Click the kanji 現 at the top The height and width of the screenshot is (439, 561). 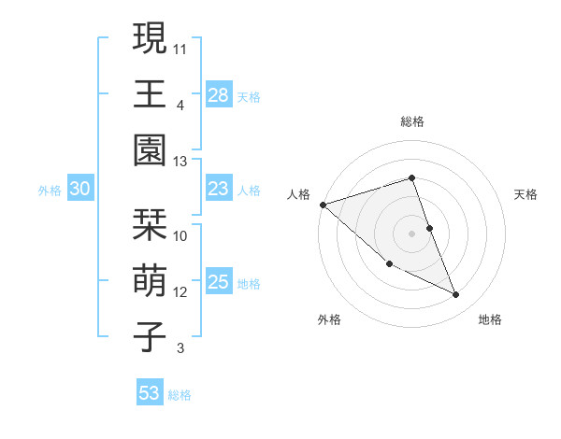click(x=150, y=40)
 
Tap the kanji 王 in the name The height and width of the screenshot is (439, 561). click(x=150, y=95)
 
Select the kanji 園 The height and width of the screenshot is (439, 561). click(x=150, y=152)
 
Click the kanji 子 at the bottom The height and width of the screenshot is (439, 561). click(x=150, y=337)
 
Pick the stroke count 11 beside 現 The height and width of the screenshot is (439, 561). click(x=180, y=49)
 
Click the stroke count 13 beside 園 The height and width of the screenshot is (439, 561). click(x=180, y=162)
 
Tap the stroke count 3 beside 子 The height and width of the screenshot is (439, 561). click(x=180, y=348)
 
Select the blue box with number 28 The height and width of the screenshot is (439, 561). click(x=218, y=95)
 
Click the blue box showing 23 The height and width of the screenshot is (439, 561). click(x=218, y=190)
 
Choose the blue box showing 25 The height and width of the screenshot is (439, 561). click(x=218, y=282)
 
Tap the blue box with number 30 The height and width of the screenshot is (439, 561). click(x=79, y=190)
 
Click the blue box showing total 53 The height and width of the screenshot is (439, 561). click(x=149, y=393)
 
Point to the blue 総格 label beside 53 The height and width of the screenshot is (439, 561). click(x=180, y=395)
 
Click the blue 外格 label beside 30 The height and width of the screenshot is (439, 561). click(x=50, y=191)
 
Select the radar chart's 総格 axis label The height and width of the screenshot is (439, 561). click(x=411, y=121)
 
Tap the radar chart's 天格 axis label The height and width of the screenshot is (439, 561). click(x=526, y=194)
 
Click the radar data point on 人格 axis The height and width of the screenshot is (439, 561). click(x=323, y=205)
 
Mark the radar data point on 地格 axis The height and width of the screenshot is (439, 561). click(x=456, y=295)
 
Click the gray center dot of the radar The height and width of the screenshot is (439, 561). click(x=411, y=233)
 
